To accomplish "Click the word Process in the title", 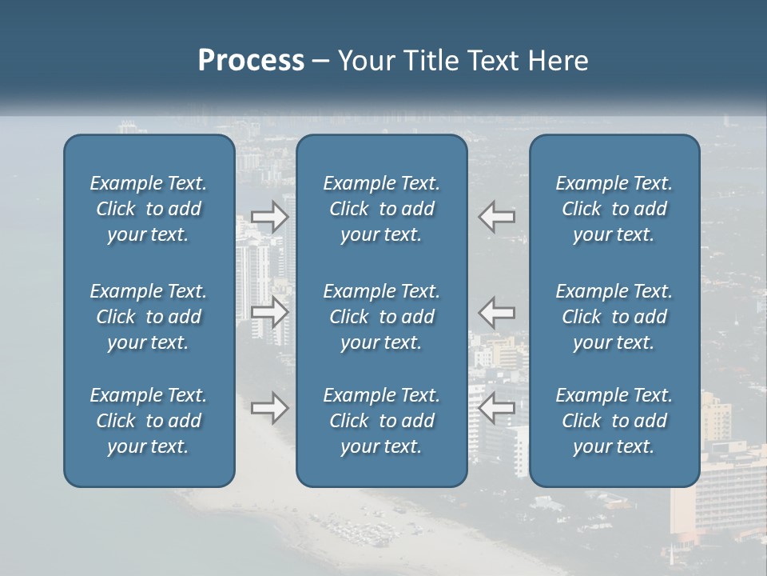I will [251, 61].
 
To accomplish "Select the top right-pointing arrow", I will [269, 216].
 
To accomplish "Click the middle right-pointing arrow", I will [269, 311].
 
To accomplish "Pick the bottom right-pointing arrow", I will [269, 408].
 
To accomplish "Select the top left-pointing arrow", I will [497, 216].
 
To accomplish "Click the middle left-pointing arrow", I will [497, 311].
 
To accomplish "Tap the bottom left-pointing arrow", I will [497, 408].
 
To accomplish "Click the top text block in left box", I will [149, 209].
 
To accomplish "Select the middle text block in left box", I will [149, 317].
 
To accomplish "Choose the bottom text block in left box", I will [149, 421].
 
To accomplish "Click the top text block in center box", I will [382, 209].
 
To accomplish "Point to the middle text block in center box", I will [382, 317].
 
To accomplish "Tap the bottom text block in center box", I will [382, 421].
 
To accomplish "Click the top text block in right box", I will [614, 209].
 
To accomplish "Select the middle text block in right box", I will [614, 317].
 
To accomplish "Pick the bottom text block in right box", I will [614, 421].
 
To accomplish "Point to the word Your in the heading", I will [364, 61].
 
